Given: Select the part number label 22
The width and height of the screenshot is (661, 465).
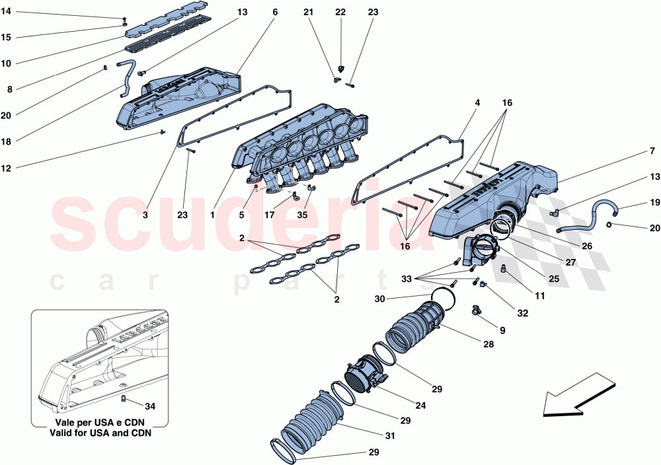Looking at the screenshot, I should coord(340,13).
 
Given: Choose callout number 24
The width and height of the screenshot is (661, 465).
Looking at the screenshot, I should coord(403,406).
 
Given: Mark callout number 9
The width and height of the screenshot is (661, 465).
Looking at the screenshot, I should coord(503,330).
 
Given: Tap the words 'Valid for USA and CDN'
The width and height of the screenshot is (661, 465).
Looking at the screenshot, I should coord(99,433).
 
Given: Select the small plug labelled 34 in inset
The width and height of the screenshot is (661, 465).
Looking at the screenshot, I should coord(123,398).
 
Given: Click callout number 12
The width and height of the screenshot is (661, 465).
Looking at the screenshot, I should coord(6,168).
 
